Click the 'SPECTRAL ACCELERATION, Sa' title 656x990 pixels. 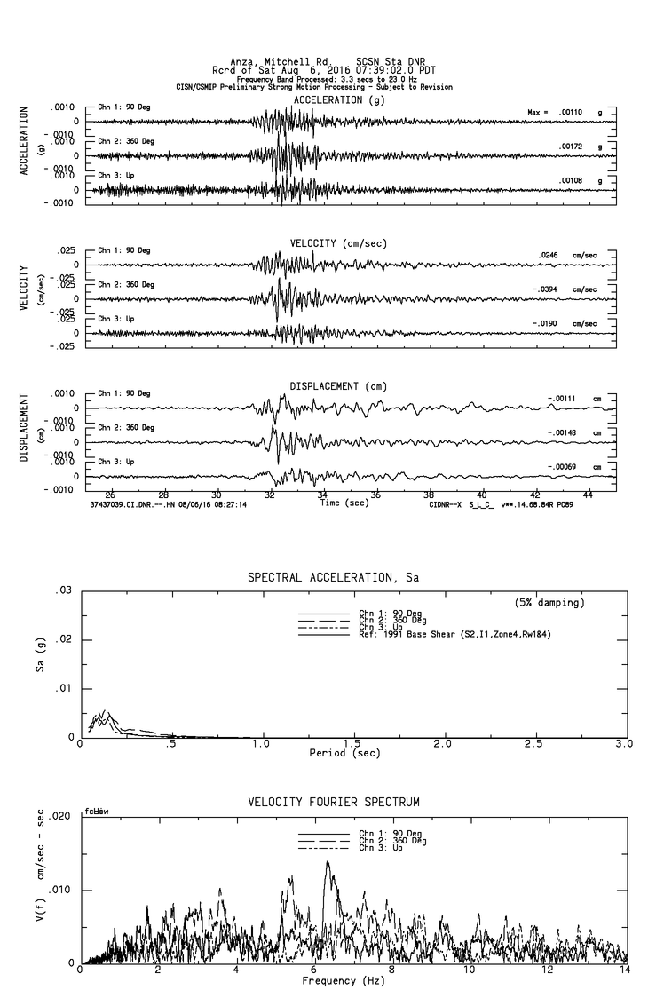point(332,577)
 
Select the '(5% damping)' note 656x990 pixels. point(549,603)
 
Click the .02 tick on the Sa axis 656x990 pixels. point(64,639)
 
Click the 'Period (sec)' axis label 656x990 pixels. point(345,753)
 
